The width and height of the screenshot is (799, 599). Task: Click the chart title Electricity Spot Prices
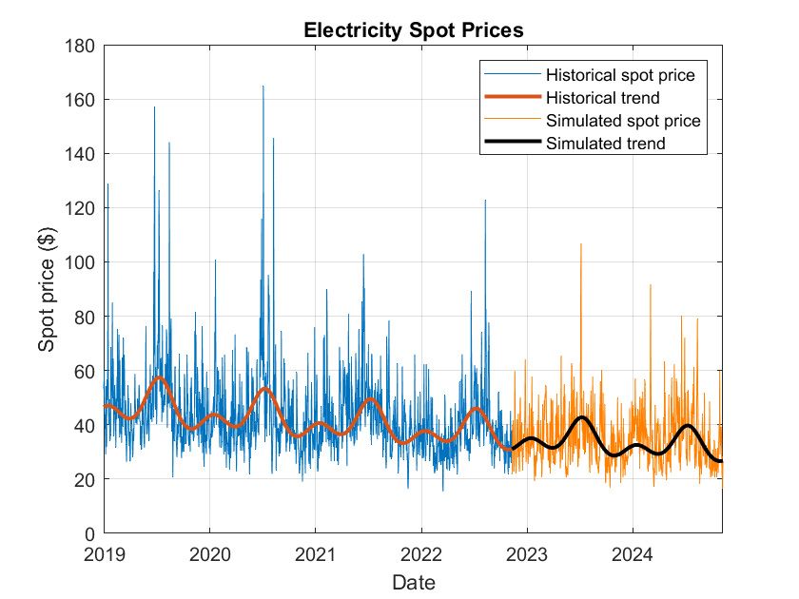click(413, 29)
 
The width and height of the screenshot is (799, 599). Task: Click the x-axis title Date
click(413, 581)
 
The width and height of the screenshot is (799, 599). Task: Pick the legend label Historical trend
click(603, 98)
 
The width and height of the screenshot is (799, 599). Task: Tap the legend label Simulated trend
click(605, 144)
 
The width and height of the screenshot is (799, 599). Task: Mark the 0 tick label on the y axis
click(90, 533)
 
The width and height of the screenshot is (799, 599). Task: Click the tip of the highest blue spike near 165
click(263, 86)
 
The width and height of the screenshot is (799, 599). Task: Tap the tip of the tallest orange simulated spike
click(581, 243)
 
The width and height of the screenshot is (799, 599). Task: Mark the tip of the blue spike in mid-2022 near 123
click(485, 200)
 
